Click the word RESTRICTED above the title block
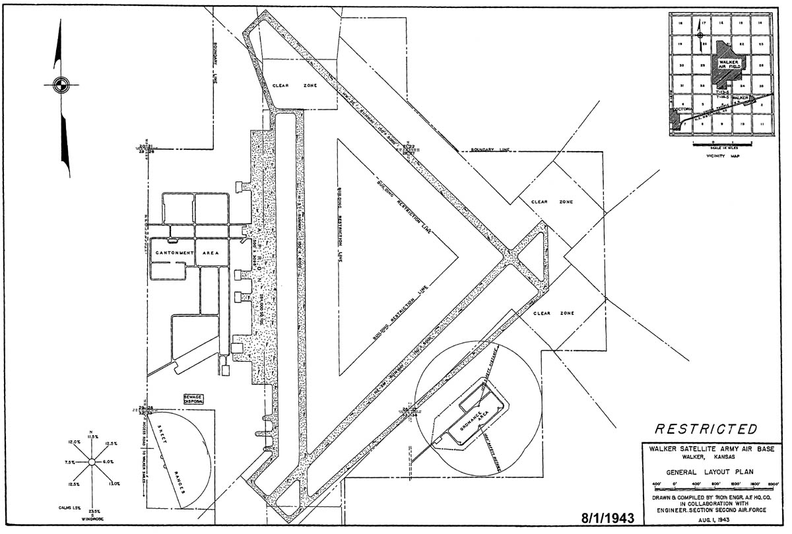tap(706, 430)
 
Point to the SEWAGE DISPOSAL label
tap(194, 399)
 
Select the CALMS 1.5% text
tap(68, 507)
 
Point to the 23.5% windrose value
tap(93, 510)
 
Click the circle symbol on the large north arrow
tap(59, 84)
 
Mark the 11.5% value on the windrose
tap(92, 438)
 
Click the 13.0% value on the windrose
tap(114, 484)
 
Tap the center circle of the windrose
tap(93, 461)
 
